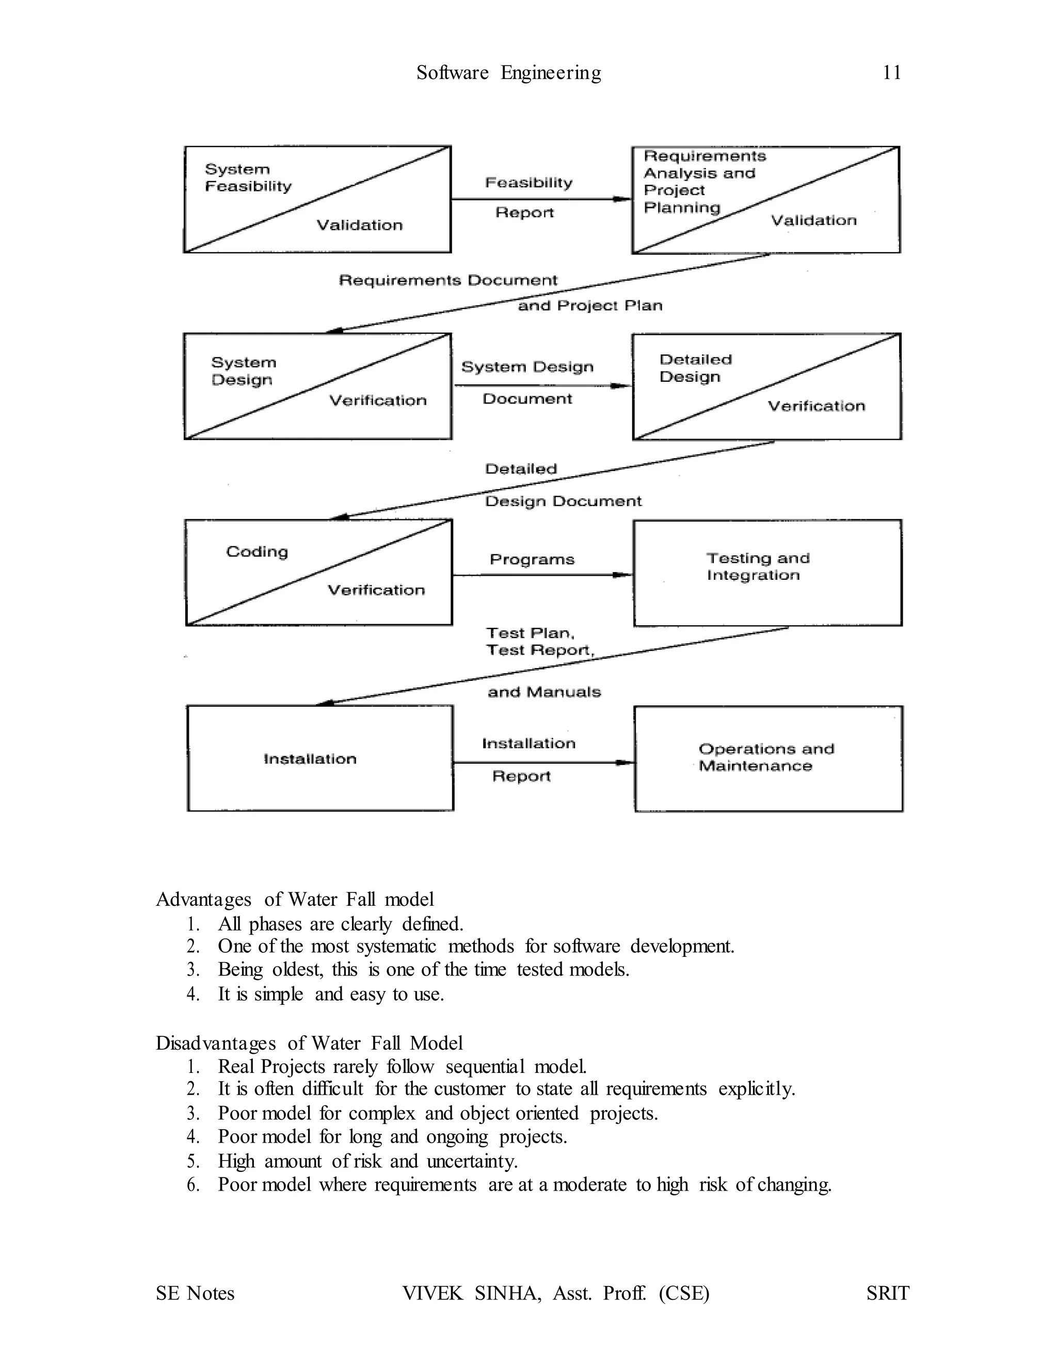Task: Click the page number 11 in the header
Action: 892,73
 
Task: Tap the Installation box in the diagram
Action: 320,759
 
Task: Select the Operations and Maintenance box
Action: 768,759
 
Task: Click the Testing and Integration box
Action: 767,572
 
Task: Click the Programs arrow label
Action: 532,559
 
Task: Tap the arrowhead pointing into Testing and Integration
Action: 623,575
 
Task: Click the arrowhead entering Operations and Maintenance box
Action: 624,762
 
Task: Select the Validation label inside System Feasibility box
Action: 359,225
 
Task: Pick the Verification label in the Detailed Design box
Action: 816,406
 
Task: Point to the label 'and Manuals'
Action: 544,692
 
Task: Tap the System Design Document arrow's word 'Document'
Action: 527,399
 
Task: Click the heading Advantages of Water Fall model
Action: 294,900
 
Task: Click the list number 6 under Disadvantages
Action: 193,1185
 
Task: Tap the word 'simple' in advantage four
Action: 279,994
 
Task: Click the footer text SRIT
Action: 887,1293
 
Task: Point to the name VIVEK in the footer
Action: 432,1293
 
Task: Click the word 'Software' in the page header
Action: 452,73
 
